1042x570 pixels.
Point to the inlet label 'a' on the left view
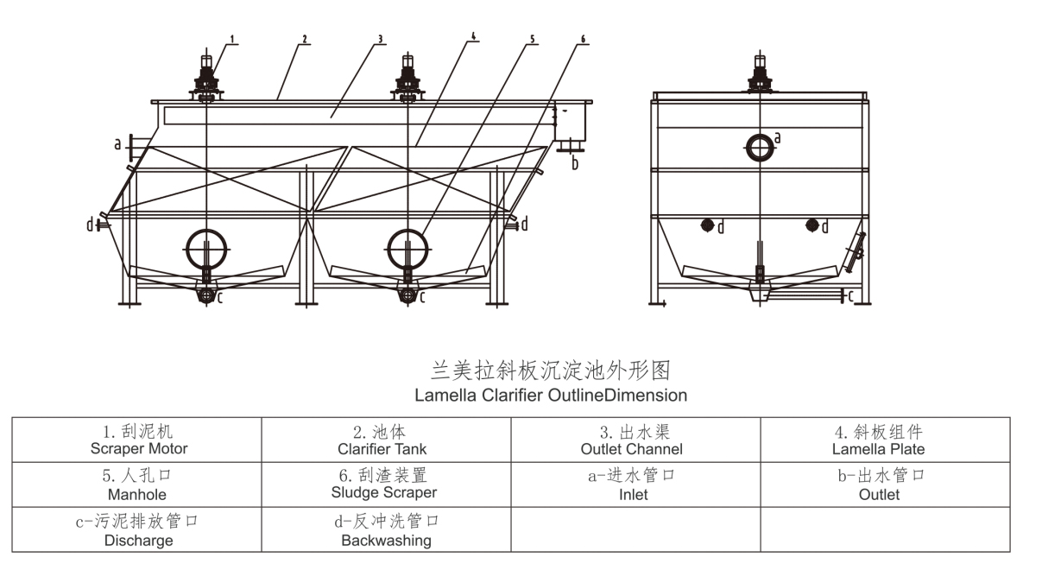click(x=117, y=144)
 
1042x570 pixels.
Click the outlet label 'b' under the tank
click(x=575, y=163)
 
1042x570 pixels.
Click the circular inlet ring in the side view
click(x=760, y=147)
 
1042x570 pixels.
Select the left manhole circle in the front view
click(x=207, y=249)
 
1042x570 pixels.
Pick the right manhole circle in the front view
click(x=407, y=249)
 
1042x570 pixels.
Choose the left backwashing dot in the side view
click(x=706, y=225)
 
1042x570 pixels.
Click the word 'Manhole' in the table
click(x=136, y=495)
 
